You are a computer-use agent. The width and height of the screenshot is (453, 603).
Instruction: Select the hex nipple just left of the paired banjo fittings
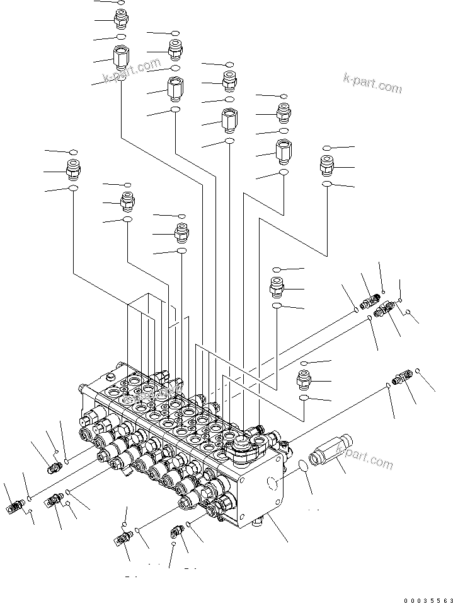coord(277,287)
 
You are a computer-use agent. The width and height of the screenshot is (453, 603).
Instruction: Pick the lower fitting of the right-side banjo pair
coord(384,309)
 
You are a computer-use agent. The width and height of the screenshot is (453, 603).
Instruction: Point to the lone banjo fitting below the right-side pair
coord(401,378)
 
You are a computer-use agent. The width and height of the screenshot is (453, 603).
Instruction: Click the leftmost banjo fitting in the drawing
coord(16,506)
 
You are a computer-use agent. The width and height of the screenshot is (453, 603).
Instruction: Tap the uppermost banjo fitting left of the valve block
coord(55,467)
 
